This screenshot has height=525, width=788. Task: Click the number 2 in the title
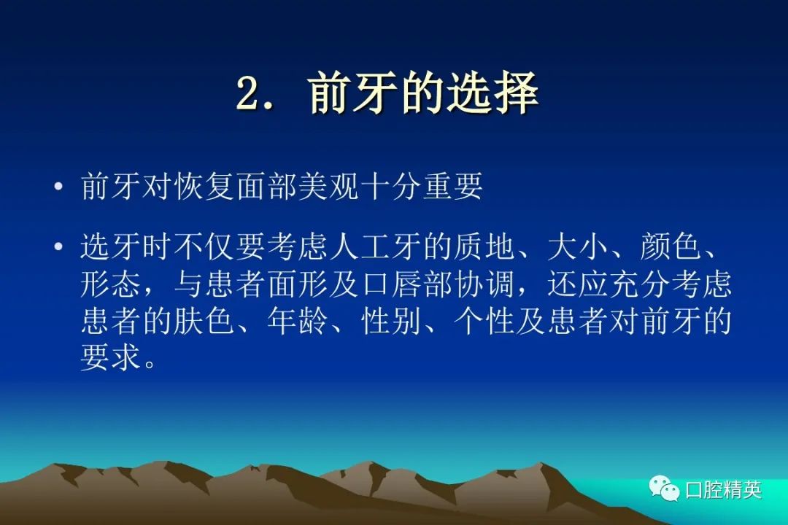250,93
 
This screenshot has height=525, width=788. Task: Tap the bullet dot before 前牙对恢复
59,187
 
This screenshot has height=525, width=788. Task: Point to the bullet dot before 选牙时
59,246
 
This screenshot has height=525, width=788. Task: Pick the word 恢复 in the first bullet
204,186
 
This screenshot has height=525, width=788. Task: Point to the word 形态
111,284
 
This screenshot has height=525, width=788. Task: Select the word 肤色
204,321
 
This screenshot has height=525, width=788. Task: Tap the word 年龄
297,321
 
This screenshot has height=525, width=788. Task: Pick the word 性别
390,321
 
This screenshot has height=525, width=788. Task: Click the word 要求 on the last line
111,357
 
